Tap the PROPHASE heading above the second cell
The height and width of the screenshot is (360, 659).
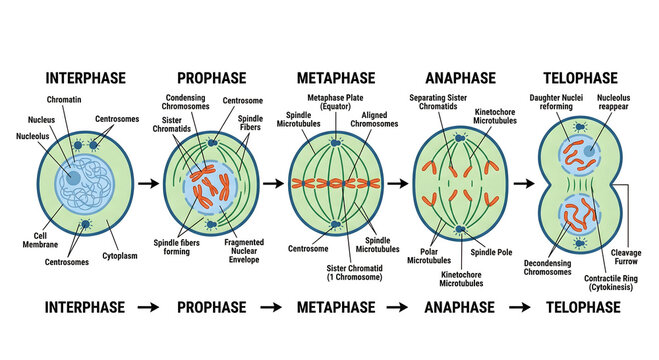pos(212,77)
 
